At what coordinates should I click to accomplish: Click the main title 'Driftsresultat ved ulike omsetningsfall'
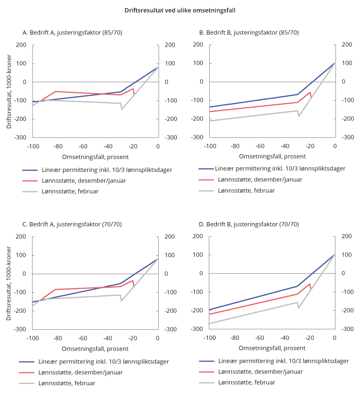[180, 9]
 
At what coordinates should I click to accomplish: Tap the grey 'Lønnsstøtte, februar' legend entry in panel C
[67, 382]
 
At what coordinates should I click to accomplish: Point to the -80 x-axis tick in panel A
[58, 146]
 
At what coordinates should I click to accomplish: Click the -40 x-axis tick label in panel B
[284, 146]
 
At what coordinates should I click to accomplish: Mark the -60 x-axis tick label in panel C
[83, 338]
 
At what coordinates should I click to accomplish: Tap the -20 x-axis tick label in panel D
[309, 338]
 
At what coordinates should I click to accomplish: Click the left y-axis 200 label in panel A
[21, 45]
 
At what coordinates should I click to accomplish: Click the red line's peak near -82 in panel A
[55, 91]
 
